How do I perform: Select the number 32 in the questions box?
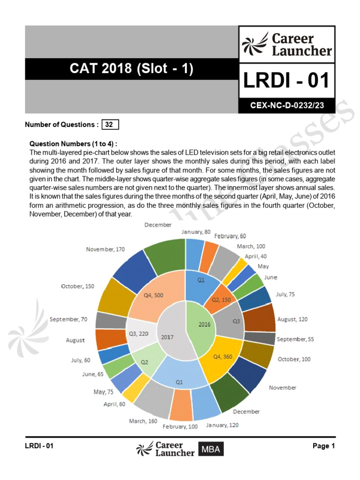click(109, 125)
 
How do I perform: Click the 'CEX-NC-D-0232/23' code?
click(287, 106)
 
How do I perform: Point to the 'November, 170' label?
click(105, 249)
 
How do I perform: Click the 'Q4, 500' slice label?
click(153, 295)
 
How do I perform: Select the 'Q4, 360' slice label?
click(224, 357)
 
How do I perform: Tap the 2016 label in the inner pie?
click(204, 324)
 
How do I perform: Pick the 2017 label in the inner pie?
click(167, 337)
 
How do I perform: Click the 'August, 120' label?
click(292, 319)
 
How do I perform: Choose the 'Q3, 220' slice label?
click(139, 333)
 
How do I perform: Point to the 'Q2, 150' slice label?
click(221, 300)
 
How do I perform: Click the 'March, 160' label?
click(143, 421)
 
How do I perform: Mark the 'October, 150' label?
click(77, 286)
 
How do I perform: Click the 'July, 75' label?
click(285, 294)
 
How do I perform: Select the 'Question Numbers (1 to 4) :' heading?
click(74, 143)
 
